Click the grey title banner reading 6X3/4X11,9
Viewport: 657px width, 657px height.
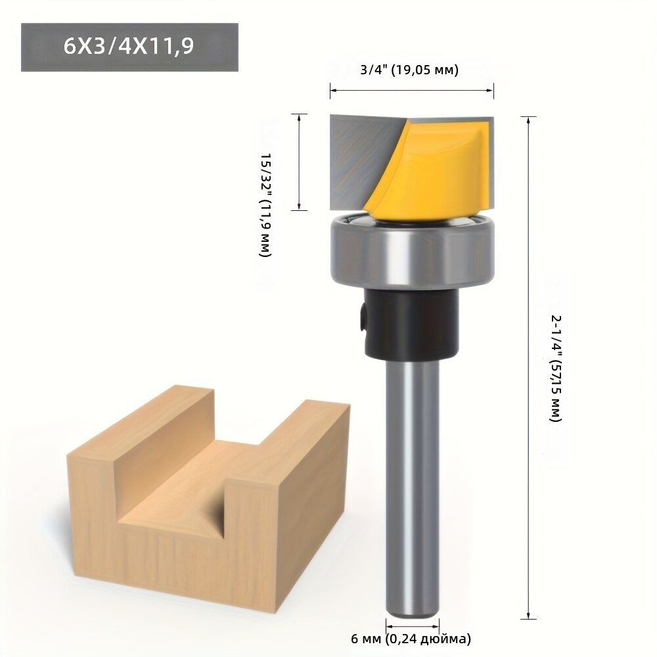pos(129,47)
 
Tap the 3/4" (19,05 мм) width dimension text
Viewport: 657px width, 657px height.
pos(409,70)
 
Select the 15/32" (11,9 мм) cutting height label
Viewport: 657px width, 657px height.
pos(265,204)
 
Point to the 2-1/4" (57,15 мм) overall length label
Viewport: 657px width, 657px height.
pos(556,368)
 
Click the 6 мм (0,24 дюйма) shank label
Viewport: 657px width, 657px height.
pos(411,639)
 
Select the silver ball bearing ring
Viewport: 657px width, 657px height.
pos(413,252)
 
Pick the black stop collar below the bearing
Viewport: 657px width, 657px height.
pos(411,323)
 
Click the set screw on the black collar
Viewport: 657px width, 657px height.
pos(362,319)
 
